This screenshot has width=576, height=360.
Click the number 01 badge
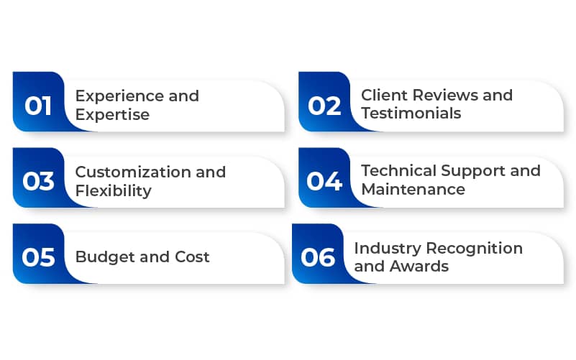coord(38,105)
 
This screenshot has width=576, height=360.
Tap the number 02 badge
coord(324,105)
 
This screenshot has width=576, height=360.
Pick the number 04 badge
coord(324,181)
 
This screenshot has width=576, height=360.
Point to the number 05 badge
coord(38,257)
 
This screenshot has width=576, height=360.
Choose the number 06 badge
coord(317,257)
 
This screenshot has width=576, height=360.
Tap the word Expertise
coord(112,114)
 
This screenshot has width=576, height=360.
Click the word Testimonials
coord(411,114)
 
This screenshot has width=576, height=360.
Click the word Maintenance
coord(413,190)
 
